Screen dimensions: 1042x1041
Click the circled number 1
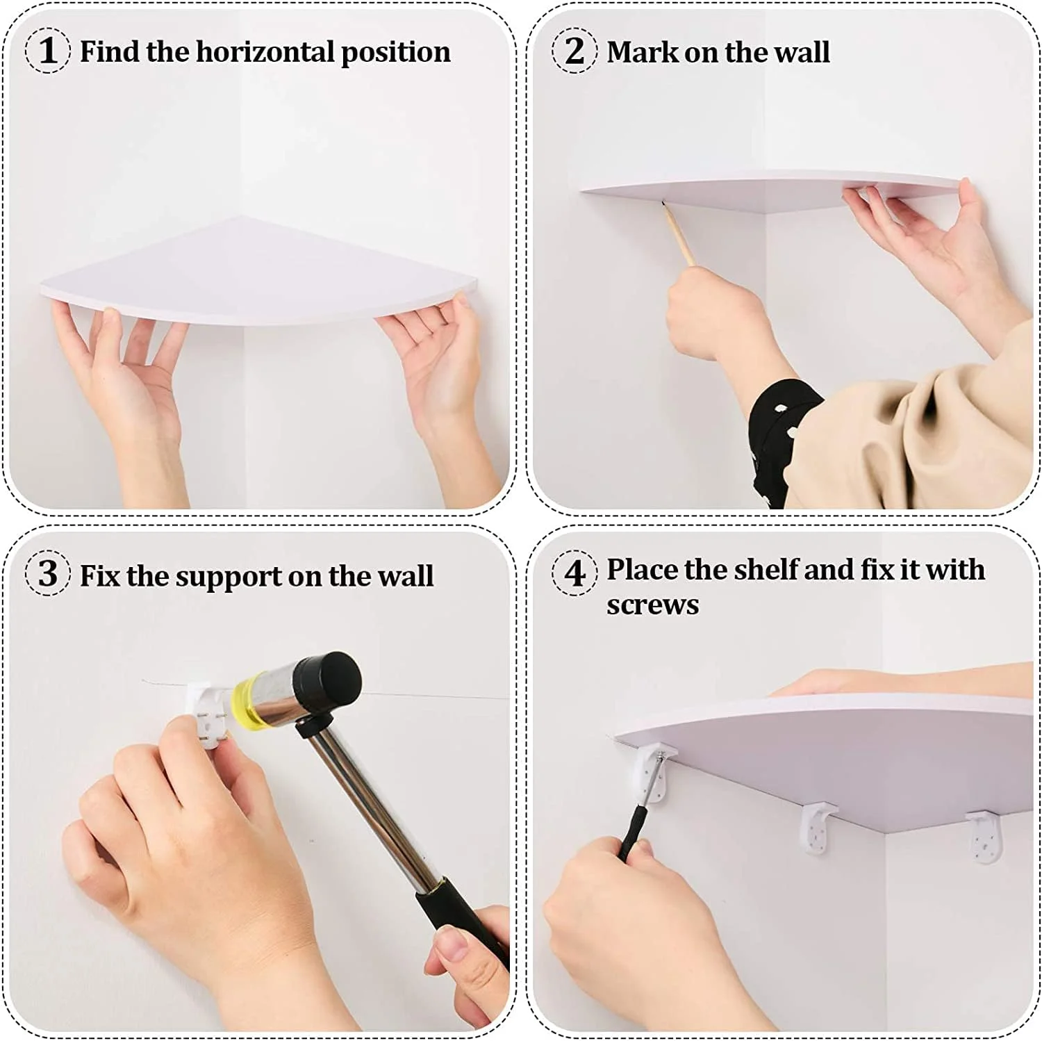[48, 51]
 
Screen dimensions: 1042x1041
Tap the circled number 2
[574, 51]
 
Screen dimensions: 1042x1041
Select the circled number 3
[48, 574]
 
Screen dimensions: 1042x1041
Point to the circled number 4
[574, 574]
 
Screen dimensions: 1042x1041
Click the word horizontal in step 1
[264, 51]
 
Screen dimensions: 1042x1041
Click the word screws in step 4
[652, 605]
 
